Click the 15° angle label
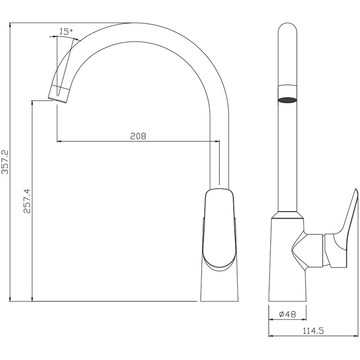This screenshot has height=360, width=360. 66,31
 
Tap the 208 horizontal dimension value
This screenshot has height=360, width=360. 138,136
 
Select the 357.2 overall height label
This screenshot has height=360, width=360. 5,162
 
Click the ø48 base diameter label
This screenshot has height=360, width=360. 287,314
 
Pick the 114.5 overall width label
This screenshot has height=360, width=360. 313,331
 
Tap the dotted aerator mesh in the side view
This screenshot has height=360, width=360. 287,100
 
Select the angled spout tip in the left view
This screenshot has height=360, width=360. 59,94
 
